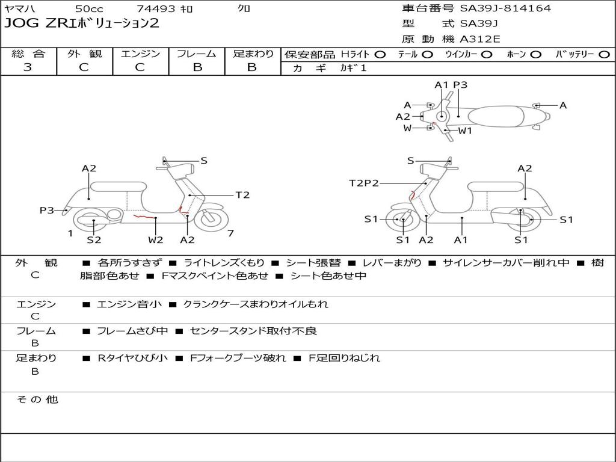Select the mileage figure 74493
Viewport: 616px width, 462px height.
tap(156, 9)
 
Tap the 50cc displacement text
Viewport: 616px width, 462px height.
tap(89, 9)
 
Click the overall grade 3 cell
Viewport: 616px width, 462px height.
tap(28, 67)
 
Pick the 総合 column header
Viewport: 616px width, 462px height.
tap(28, 54)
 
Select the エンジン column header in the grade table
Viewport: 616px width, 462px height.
tap(140, 54)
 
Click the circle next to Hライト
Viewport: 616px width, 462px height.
tap(381, 55)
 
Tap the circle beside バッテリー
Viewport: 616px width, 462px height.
tap(604, 55)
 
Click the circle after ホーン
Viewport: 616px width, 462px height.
tap(535, 55)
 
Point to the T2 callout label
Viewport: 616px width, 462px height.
tap(242, 195)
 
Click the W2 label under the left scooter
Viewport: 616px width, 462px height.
tap(155, 240)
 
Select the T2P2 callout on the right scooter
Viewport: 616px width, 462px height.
tap(363, 183)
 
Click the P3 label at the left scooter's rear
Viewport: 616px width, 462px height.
tap(47, 210)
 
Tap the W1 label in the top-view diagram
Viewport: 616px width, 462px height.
tap(465, 131)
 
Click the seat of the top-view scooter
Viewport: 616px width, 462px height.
tap(500, 115)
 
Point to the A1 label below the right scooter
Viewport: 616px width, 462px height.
tap(461, 240)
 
